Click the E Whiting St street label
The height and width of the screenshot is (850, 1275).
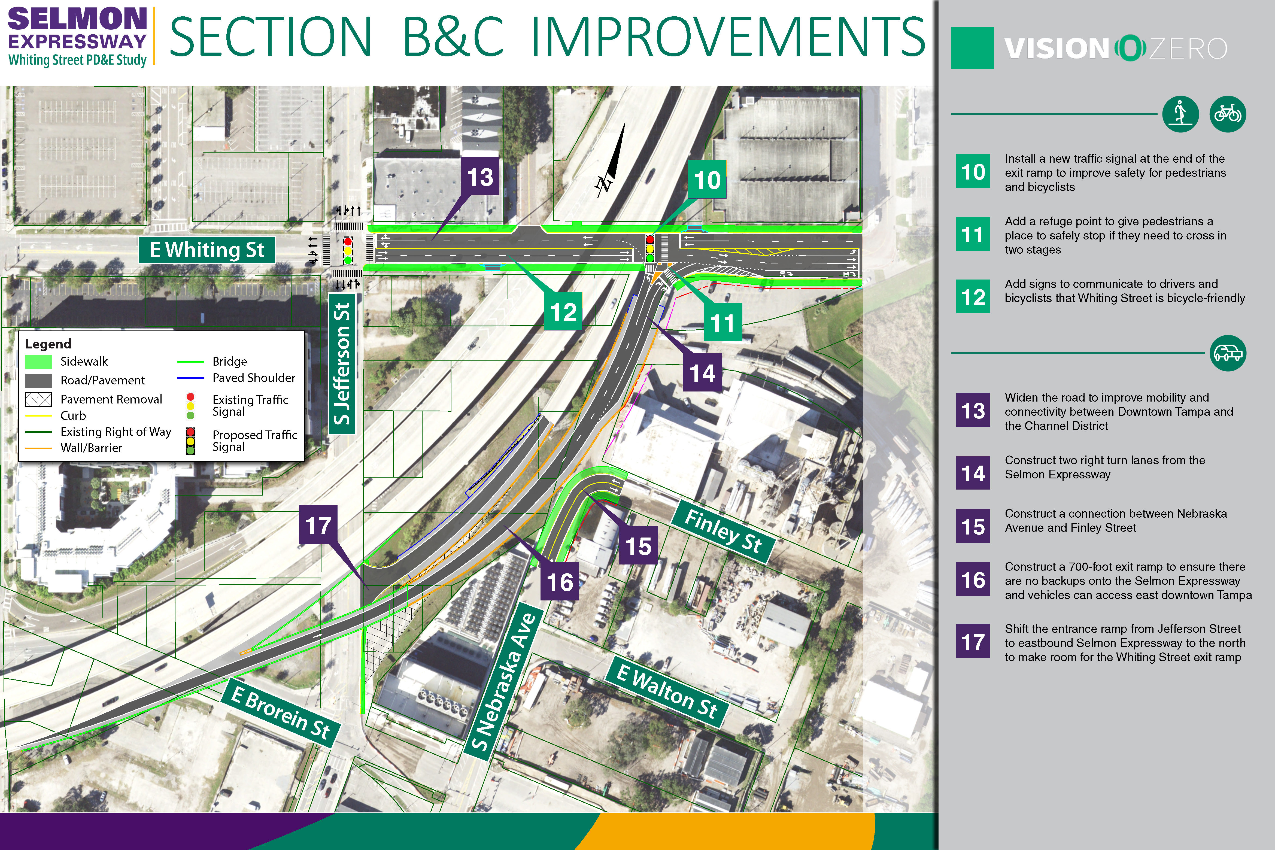pos(207,250)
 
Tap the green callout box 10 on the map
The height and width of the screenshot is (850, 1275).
pos(708,180)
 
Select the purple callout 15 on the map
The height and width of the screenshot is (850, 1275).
pos(638,545)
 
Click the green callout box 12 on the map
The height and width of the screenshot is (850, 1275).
pos(563,311)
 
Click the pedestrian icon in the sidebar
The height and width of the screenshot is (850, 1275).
pos(1180,114)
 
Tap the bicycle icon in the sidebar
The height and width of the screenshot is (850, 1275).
pos(1228,114)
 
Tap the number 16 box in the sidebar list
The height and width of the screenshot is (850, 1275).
pos(973,579)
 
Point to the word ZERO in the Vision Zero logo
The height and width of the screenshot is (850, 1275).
pos(1188,49)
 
